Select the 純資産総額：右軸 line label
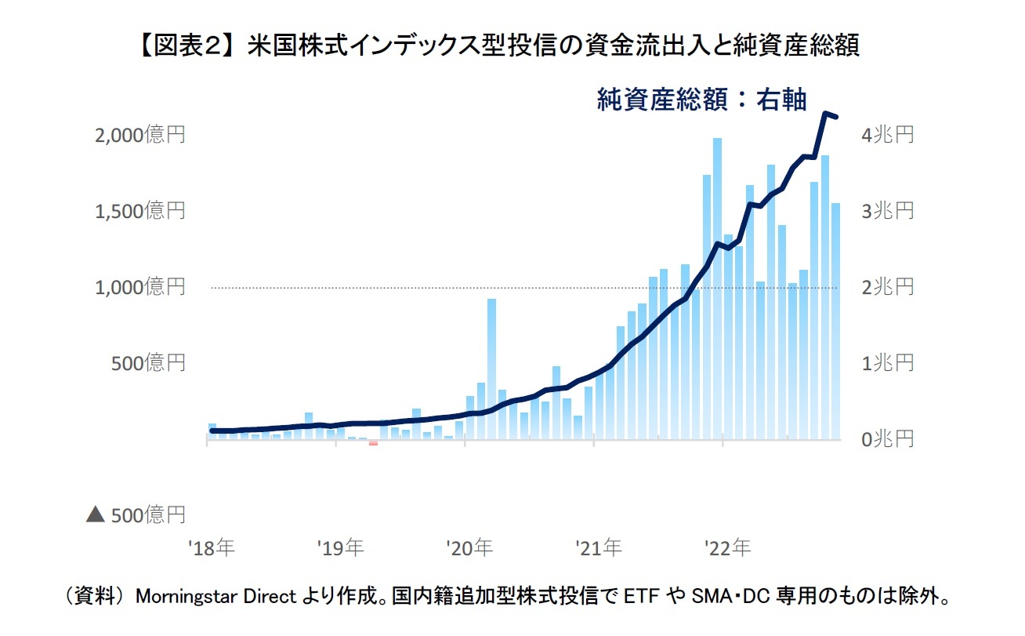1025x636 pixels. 701,99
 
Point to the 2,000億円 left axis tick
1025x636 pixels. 139,135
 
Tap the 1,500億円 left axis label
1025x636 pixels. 139,211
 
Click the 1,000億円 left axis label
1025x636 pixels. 139,287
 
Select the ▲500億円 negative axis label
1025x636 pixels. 136,515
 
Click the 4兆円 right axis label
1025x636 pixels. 888,135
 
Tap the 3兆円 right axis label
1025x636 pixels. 888,211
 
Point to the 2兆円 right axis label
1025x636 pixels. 888,287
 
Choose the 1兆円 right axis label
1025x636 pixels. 888,363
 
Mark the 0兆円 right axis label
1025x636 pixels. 888,439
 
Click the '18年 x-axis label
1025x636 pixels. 211,547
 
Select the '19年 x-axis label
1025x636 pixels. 340,547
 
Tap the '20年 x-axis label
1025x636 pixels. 469,547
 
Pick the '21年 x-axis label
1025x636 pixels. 599,547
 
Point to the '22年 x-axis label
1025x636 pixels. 728,547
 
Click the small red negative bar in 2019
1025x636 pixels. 373,443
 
